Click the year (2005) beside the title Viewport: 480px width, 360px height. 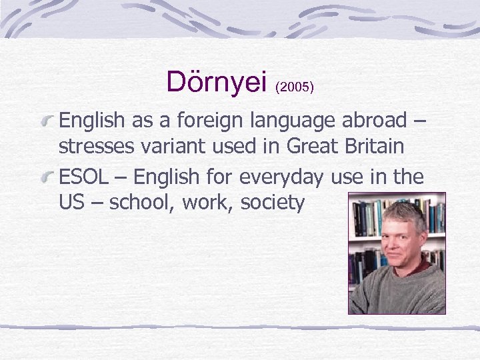tap(294, 87)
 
